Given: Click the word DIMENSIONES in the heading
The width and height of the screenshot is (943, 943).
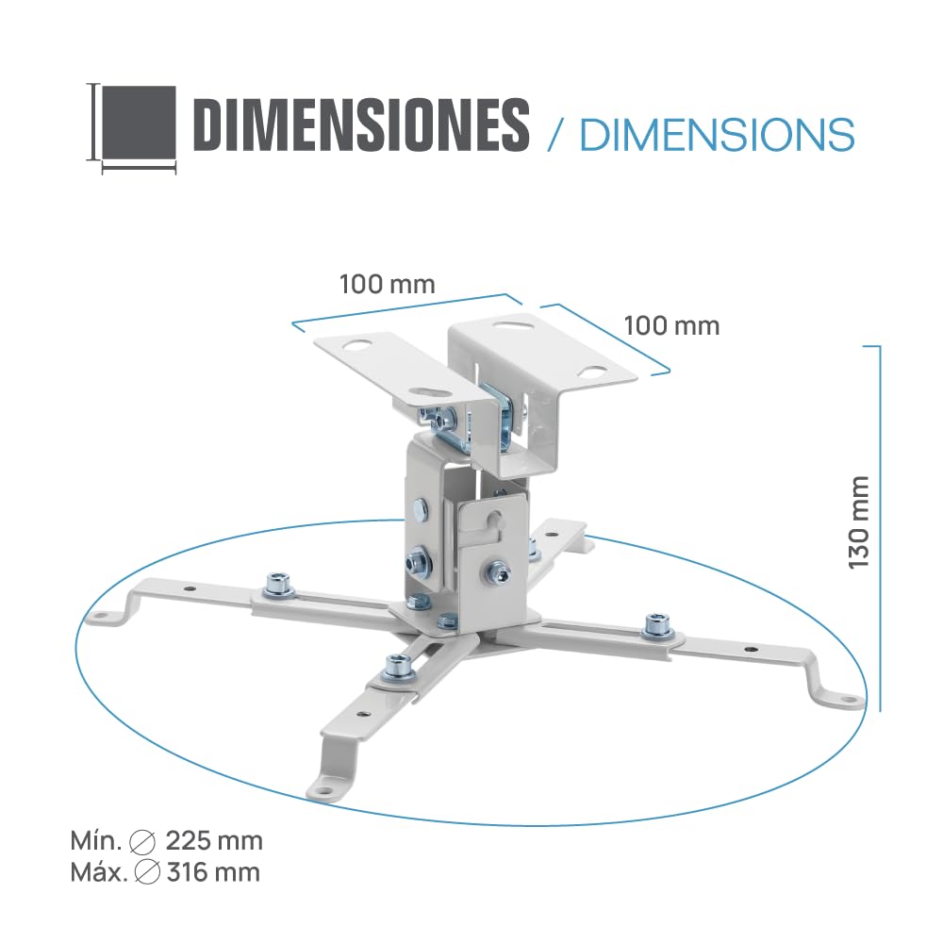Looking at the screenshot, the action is pos(363,125).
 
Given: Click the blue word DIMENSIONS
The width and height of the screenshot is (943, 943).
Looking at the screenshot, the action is pos(718,134).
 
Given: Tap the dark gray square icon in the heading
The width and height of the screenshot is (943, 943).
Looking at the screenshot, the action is pos(139,122).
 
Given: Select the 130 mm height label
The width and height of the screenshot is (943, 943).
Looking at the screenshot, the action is pos(859,522).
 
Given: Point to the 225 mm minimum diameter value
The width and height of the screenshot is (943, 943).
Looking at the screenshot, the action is pos(214,841).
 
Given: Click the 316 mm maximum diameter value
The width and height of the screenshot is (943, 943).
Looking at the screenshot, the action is pos(213,872).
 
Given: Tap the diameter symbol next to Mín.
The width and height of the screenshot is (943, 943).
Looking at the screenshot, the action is pos(143,842).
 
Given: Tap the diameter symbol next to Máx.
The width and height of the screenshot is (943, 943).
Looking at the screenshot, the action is pos(147,873).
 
